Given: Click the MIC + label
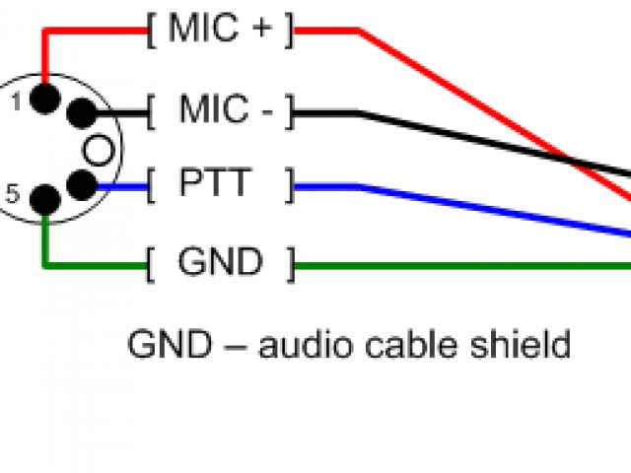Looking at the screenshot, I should pos(220,30).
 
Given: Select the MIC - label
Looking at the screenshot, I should pos(226,110).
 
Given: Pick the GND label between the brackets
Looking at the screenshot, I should pos(220,263).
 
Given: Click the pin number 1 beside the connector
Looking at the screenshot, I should pos(16,99).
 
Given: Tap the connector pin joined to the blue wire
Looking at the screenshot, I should pos(81,184).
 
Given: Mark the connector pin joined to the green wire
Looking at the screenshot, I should pos(44,201).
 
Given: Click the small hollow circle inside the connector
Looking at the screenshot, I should pos(98,150).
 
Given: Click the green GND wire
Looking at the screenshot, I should pos(463,266).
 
